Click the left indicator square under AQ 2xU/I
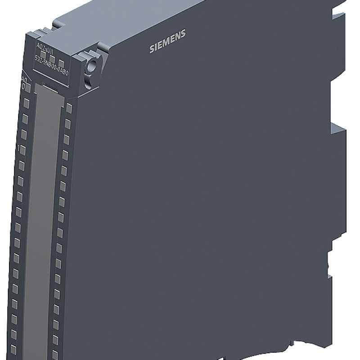point(43,54)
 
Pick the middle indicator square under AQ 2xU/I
point(52,58)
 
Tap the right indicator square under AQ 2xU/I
point(61,62)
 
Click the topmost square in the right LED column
point(69,108)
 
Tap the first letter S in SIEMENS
point(151,49)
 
